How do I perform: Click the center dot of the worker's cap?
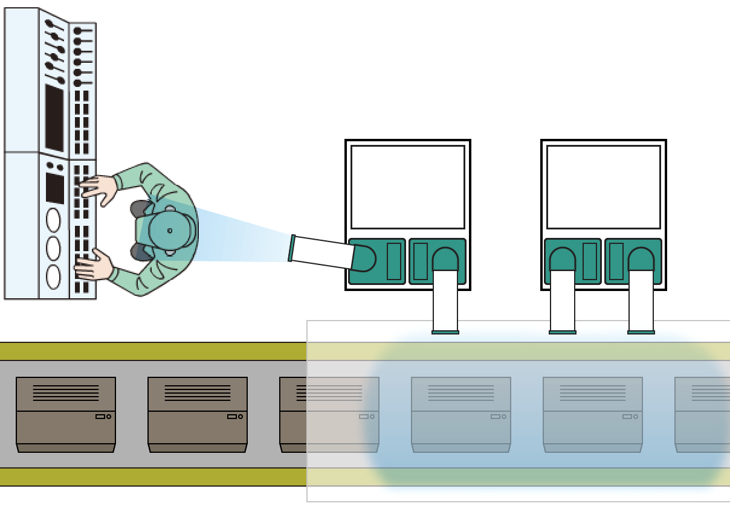[x=170, y=231]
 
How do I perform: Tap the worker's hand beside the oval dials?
[x=94, y=266]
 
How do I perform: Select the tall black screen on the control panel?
[x=54, y=118]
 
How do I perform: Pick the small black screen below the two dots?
[x=55, y=188]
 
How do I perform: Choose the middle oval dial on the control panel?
[x=53, y=248]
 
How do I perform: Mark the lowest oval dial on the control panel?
[x=53, y=277]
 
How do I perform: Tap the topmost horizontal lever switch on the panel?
[x=82, y=31]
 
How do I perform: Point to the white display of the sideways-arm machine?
[x=408, y=187]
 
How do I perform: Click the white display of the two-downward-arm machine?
[x=604, y=187]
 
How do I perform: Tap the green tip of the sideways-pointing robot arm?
[x=292, y=248]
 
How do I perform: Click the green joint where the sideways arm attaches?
[x=364, y=258]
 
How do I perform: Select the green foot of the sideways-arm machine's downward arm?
[x=445, y=332]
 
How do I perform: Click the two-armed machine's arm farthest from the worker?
[x=641, y=299]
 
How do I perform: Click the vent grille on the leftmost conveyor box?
[x=66, y=392]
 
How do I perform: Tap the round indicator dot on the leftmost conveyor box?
[x=109, y=417]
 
